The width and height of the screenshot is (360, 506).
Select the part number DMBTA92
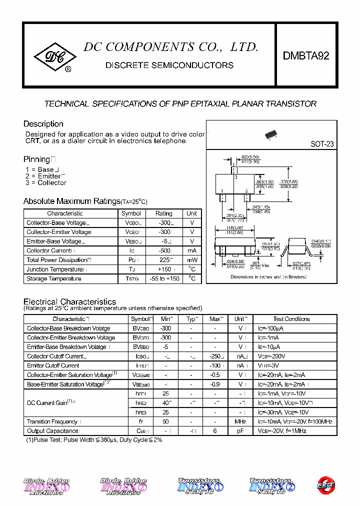click(306, 56)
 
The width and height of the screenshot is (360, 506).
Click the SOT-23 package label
click(322, 144)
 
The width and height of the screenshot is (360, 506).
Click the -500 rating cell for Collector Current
click(163, 250)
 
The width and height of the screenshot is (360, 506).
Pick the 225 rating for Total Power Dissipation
click(163, 260)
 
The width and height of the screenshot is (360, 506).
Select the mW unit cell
click(192, 260)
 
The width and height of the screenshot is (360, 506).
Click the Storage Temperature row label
click(54, 278)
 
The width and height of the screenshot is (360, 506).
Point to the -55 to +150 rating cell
click(163, 278)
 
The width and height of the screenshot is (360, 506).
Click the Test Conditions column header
click(291, 319)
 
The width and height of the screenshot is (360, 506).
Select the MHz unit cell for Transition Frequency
click(240, 421)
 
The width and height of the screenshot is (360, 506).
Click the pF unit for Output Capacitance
click(240, 431)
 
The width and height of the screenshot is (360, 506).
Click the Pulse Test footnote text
click(94, 440)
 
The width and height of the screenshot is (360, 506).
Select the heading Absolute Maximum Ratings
click(72, 201)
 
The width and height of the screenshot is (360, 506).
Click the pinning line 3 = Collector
click(45, 183)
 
